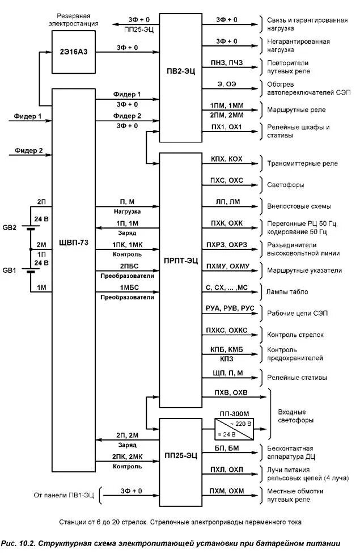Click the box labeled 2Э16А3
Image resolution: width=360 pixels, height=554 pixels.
pyautogui.click(x=74, y=52)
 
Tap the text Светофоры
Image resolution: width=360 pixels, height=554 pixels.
pyautogui.click(x=285, y=185)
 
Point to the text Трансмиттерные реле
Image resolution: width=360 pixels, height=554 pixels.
pyautogui.click(x=302, y=163)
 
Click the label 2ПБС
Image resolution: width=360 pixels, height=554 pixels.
pyautogui.click(x=128, y=266)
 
